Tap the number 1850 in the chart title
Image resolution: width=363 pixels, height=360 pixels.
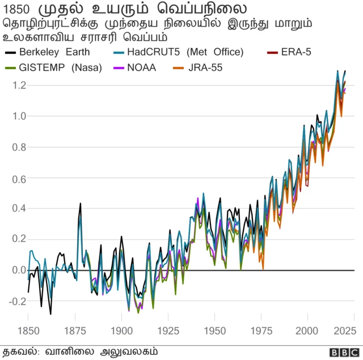pyautogui.click(x=19, y=10)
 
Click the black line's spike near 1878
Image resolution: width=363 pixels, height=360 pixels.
pyautogui.click(x=81, y=203)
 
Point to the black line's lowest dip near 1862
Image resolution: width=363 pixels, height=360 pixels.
pyautogui.click(x=50, y=314)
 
